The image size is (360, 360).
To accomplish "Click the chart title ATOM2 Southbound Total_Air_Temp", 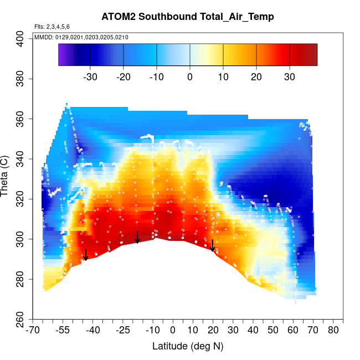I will click(x=188, y=17).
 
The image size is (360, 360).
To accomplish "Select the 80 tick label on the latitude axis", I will click(x=333, y=331).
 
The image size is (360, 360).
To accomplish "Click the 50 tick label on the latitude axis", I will click(x=273, y=331).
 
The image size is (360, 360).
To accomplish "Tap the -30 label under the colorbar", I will click(x=90, y=77).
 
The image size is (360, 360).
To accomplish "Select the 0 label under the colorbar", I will click(x=190, y=77).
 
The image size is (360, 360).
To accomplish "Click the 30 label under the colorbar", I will click(x=290, y=77).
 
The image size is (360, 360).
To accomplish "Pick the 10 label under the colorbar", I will click(x=223, y=77).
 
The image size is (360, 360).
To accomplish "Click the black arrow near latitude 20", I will click(x=213, y=245).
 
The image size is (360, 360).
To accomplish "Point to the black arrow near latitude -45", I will click(x=85, y=255).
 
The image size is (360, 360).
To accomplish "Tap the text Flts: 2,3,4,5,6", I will click(x=52, y=27).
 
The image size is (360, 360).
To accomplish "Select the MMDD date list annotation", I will click(x=81, y=37).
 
